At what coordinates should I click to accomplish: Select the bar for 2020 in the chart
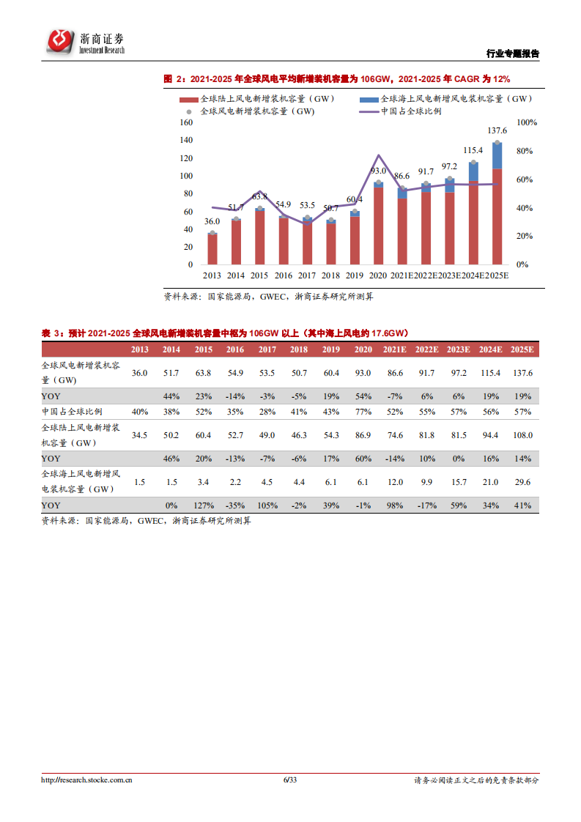(x=378, y=223)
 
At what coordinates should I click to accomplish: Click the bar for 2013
(x=212, y=248)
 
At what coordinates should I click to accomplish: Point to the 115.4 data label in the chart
(x=473, y=150)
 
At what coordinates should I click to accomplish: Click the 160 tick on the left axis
(x=185, y=122)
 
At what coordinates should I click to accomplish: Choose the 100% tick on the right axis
(x=527, y=122)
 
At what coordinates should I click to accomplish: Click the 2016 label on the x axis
(x=283, y=275)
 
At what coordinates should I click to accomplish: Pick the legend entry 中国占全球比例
(x=411, y=111)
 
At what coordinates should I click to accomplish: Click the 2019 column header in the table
(x=331, y=349)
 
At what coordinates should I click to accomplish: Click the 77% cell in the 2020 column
(x=362, y=411)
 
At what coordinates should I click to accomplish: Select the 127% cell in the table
(x=204, y=506)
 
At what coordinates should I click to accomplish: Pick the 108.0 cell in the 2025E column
(x=522, y=435)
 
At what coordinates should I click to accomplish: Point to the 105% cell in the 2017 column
(x=267, y=506)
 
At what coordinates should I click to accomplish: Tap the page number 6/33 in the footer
(x=290, y=780)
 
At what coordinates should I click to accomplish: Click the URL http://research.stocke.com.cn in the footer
(x=86, y=780)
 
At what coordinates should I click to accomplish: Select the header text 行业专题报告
(x=513, y=53)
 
